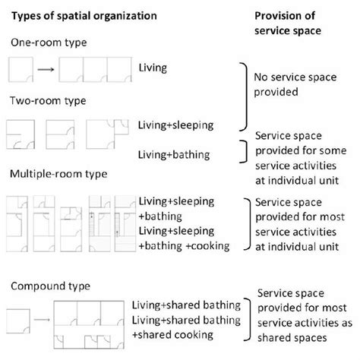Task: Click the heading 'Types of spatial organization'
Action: pos(84,16)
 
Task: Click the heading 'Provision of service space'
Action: pos(288,24)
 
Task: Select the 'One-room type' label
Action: pos(49,43)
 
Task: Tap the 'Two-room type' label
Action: pos(48,101)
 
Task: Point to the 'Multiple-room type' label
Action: pos(58,174)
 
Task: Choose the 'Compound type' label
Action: pos(50,286)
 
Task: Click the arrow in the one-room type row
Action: pos(46,70)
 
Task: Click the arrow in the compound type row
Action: pos(42,320)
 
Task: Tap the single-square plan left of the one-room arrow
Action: pos(21,70)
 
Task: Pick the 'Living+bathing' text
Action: pos(174,155)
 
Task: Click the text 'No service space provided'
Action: pos(295,84)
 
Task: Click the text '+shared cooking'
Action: pos(172,335)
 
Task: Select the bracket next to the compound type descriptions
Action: pos(250,320)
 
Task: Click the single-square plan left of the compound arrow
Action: pos(18,321)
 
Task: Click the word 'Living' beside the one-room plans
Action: pos(153,68)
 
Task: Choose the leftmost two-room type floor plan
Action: pos(21,134)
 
